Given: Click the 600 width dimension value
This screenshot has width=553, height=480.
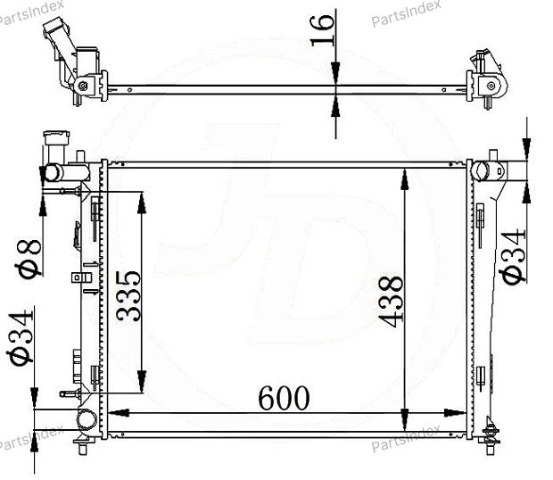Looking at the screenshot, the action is [284, 398].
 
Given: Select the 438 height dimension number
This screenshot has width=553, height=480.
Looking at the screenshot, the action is [391, 302].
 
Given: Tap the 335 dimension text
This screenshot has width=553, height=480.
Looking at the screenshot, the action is [128, 295].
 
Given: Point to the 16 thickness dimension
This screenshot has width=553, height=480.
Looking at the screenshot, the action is [322, 30].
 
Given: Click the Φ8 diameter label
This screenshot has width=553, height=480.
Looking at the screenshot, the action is [29, 259].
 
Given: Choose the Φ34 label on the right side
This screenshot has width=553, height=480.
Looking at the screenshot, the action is [514, 256].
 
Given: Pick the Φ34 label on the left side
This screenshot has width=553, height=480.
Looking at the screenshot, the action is [21, 337].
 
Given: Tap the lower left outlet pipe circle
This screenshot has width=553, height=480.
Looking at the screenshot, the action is [87, 419].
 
